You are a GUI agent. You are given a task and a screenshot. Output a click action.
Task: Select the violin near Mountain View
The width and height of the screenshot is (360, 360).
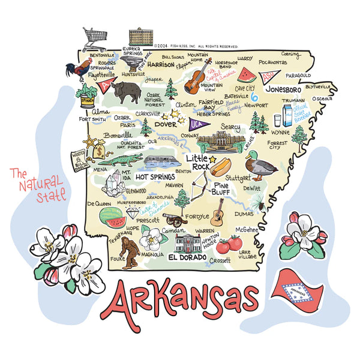[196, 77]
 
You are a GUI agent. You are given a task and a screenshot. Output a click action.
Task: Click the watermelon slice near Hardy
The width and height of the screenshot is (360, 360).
[246, 74]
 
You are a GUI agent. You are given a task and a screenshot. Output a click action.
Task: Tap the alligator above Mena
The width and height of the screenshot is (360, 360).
[119, 160]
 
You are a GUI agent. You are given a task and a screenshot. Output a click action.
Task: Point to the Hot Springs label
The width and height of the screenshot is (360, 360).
[155, 177]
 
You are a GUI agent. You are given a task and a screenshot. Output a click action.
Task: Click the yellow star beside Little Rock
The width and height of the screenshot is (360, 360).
[212, 159]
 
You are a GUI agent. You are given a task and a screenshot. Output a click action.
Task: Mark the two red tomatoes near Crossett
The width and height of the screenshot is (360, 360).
[229, 244]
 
